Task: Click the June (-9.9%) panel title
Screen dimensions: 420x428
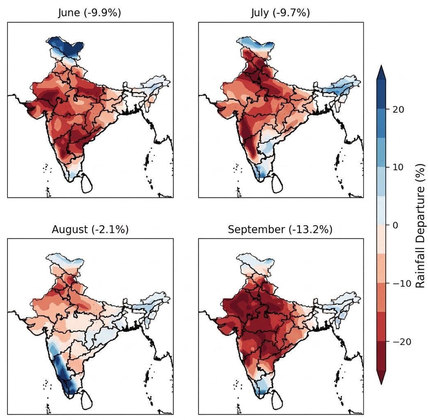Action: pos(89,13)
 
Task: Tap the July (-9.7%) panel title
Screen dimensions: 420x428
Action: pos(280,13)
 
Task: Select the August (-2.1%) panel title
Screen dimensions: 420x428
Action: pos(90,230)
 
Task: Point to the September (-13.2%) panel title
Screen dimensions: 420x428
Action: pos(280,230)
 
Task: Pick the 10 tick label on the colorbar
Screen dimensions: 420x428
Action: pos(396,167)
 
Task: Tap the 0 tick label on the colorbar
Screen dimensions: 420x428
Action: pos(394,225)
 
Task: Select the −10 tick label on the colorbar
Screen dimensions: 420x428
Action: pos(399,283)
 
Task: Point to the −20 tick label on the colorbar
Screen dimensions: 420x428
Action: pos(399,342)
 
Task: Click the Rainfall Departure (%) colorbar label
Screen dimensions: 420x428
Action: pos(419,225)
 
